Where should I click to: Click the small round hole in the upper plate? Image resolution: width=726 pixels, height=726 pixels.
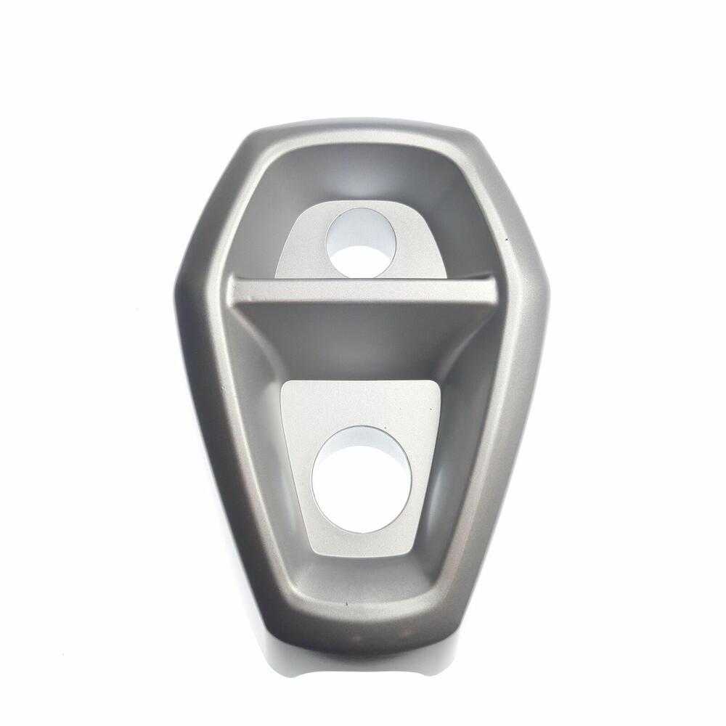click(361, 242)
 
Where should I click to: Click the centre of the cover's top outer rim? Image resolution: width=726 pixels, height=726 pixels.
click(361, 125)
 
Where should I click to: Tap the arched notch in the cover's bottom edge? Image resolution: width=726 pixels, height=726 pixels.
click(361, 664)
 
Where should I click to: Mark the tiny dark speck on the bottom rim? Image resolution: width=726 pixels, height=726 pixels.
click(346, 603)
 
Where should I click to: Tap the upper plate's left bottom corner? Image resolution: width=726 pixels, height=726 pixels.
click(277, 276)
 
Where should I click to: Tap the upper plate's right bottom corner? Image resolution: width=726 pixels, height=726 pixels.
click(444, 276)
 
